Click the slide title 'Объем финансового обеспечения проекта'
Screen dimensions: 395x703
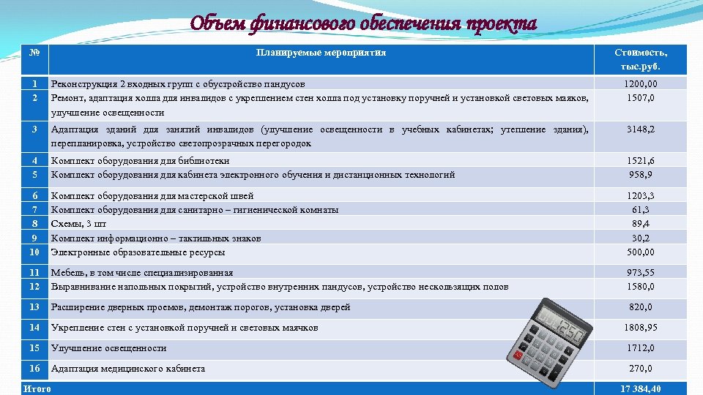(363, 23)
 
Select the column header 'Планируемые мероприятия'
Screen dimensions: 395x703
(321, 53)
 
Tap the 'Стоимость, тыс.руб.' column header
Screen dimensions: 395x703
(641, 60)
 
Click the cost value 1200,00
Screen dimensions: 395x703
(641, 84)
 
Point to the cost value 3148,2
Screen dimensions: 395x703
(641, 129)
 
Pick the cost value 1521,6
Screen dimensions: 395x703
(641, 161)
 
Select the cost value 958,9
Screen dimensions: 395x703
(641, 175)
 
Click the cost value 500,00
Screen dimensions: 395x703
(641, 252)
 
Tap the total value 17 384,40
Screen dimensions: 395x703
(641, 389)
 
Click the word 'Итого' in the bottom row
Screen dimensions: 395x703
(37, 389)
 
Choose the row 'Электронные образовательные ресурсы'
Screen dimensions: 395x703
(138, 252)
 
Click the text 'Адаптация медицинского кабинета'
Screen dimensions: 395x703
(128, 369)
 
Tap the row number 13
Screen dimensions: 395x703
(34, 307)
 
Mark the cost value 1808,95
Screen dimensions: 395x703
(641, 328)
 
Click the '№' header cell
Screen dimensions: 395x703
(34, 53)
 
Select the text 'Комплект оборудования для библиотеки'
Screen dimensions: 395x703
(140, 161)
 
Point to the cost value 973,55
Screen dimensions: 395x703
(641, 273)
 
